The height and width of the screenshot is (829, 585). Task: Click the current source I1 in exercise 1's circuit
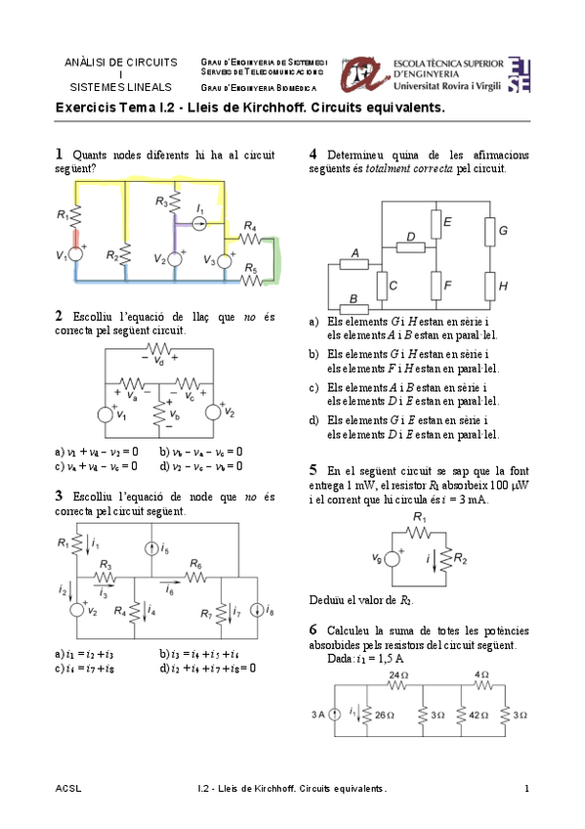(x=198, y=224)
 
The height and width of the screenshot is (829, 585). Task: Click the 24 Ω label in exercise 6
(x=397, y=676)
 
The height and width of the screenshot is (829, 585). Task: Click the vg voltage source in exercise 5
(x=395, y=559)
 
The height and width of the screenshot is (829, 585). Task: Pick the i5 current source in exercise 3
(x=150, y=549)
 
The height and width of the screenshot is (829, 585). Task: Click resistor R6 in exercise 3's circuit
(x=195, y=578)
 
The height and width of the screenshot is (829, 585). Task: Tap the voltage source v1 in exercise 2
(x=105, y=414)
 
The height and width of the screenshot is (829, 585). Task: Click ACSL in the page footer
(x=68, y=788)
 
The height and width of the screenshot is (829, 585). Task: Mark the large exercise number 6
(x=313, y=630)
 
